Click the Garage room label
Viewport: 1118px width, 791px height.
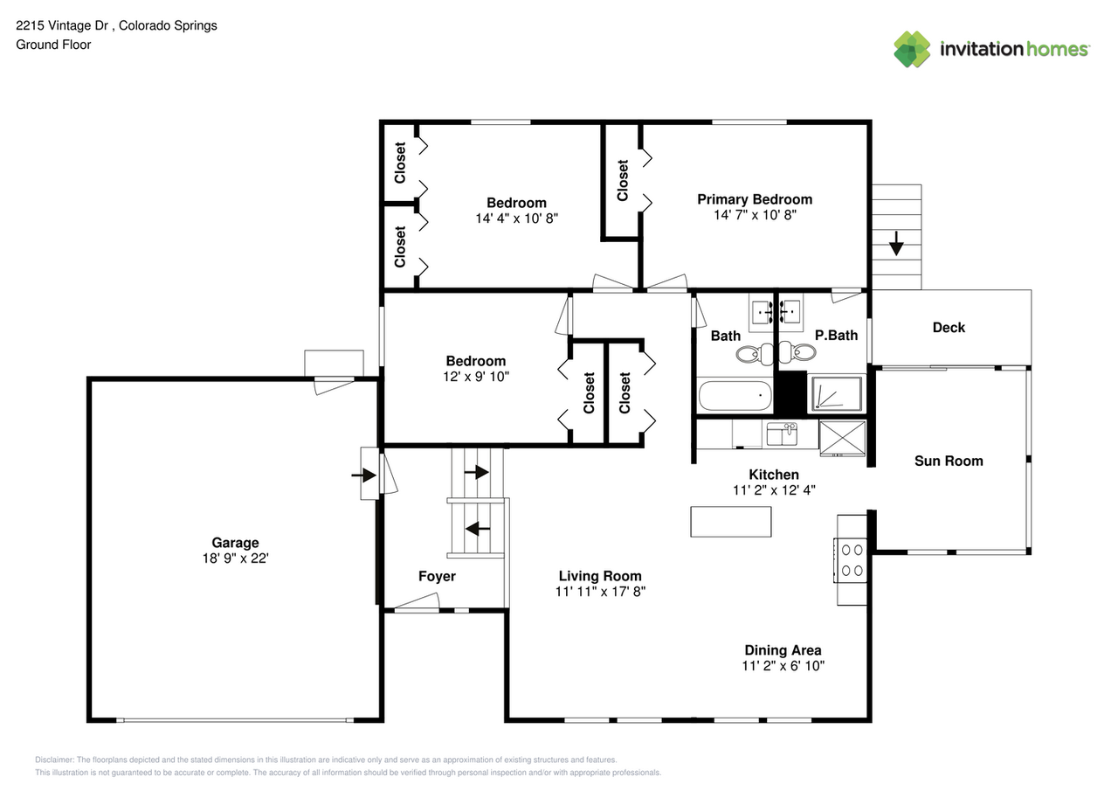point(235,542)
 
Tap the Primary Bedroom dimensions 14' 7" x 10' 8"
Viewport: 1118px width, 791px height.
point(755,215)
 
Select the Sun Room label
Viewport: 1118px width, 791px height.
point(949,461)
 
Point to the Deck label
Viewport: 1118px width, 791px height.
point(949,328)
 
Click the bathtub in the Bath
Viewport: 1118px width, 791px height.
point(735,395)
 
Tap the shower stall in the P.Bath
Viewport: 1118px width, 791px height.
point(837,393)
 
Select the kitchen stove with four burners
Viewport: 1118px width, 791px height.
point(852,560)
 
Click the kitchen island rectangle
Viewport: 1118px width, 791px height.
point(731,522)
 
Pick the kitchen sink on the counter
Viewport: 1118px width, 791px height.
point(782,434)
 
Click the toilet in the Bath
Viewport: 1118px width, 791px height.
point(753,354)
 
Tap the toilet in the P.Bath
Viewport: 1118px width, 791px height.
point(798,352)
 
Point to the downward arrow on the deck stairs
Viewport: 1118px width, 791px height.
point(896,243)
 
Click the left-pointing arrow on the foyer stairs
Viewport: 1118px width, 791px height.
point(478,528)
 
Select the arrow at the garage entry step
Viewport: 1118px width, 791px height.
point(364,475)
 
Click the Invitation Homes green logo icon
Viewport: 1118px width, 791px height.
point(912,49)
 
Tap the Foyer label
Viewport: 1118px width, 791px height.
point(437,576)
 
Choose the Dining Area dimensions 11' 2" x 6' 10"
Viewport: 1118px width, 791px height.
point(783,666)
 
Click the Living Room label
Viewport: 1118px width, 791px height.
point(600,576)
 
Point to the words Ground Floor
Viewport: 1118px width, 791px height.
point(53,45)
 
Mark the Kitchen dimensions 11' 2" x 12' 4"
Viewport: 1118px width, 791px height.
point(774,489)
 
